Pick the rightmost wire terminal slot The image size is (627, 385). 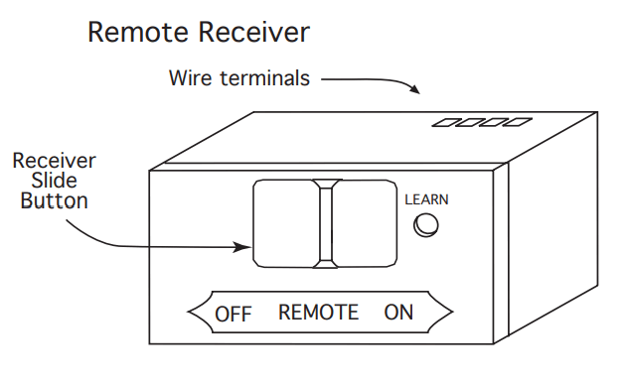tap(517, 123)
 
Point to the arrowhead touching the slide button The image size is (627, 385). tap(245, 246)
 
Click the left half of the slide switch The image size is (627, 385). tap(284, 223)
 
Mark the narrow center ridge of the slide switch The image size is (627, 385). tap(325, 223)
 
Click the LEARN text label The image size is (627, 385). tap(426, 199)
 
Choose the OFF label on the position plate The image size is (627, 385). tap(234, 314)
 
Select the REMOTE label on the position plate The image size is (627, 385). tap(318, 313)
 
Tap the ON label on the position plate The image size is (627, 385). tap(398, 313)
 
